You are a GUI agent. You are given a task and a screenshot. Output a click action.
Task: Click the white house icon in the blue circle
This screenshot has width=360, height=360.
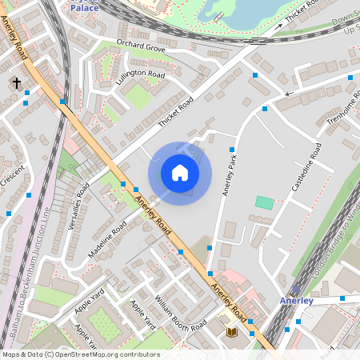coord(179,173)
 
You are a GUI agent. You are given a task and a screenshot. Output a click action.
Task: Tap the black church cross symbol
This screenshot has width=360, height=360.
coord(16,82)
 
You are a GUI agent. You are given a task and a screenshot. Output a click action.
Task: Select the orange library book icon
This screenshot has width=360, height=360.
coord(232,332)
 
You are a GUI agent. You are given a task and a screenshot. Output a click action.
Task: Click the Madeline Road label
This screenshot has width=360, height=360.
coord(108,239)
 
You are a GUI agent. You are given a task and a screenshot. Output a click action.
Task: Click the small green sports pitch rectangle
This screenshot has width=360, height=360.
coord(264,202)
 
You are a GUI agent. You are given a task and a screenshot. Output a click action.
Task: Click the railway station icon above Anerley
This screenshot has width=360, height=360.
coord(296,290)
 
